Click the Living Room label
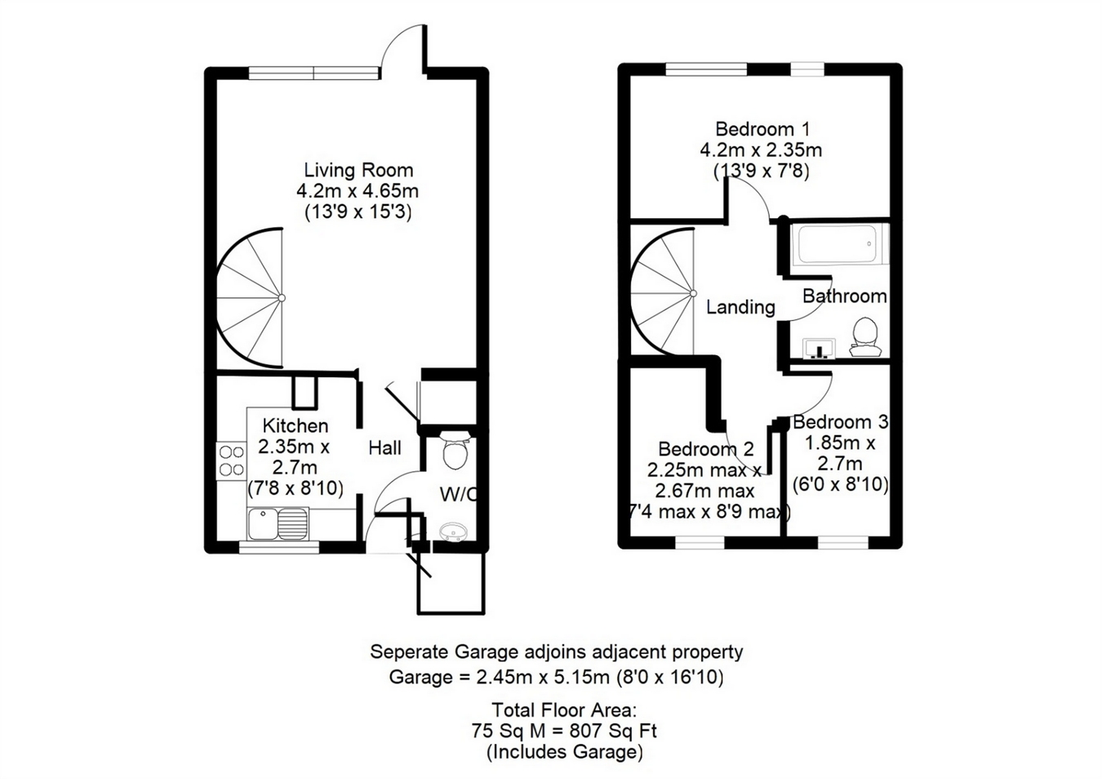pos(358,171)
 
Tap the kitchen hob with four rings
pos(232,461)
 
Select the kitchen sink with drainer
pos(278,523)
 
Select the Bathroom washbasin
pos(819,349)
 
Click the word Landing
pos(740,307)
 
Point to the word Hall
pos(384,447)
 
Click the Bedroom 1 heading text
pos(762,129)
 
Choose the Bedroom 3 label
pos(841,422)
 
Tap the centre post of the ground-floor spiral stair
pos(282,298)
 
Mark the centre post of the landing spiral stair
pos(693,294)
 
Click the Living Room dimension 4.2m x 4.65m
pos(358,190)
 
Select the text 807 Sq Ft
pos(613,731)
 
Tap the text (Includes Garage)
pos(565,752)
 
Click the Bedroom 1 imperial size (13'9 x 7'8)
pos(762,171)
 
